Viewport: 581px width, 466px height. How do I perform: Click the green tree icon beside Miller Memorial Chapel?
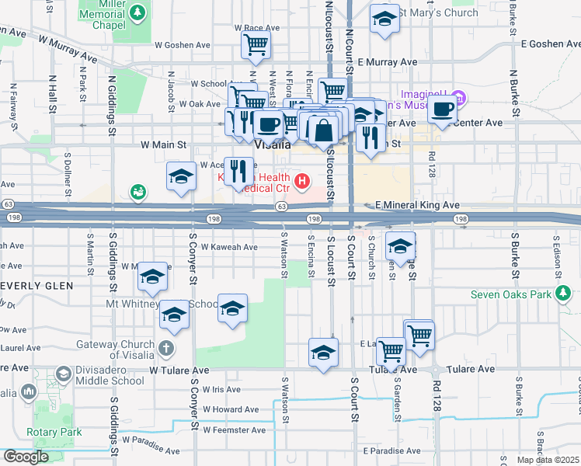click(x=137, y=12)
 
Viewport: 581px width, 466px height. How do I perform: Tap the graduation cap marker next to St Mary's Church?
click(x=384, y=20)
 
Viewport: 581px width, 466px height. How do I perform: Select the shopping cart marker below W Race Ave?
click(x=256, y=45)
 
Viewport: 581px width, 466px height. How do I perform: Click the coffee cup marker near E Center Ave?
click(x=443, y=110)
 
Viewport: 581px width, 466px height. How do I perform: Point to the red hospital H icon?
click(x=301, y=183)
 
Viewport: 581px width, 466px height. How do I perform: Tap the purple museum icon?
click(x=458, y=98)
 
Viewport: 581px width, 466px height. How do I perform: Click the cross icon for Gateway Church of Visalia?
click(x=165, y=347)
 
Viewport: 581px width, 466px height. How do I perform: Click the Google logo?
click(x=25, y=457)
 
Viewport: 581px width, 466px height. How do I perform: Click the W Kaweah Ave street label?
click(x=229, y=247)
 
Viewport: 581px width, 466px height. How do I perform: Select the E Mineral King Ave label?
click(x=418, y=205)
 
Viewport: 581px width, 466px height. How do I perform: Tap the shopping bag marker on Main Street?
click(x=322, y=131)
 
